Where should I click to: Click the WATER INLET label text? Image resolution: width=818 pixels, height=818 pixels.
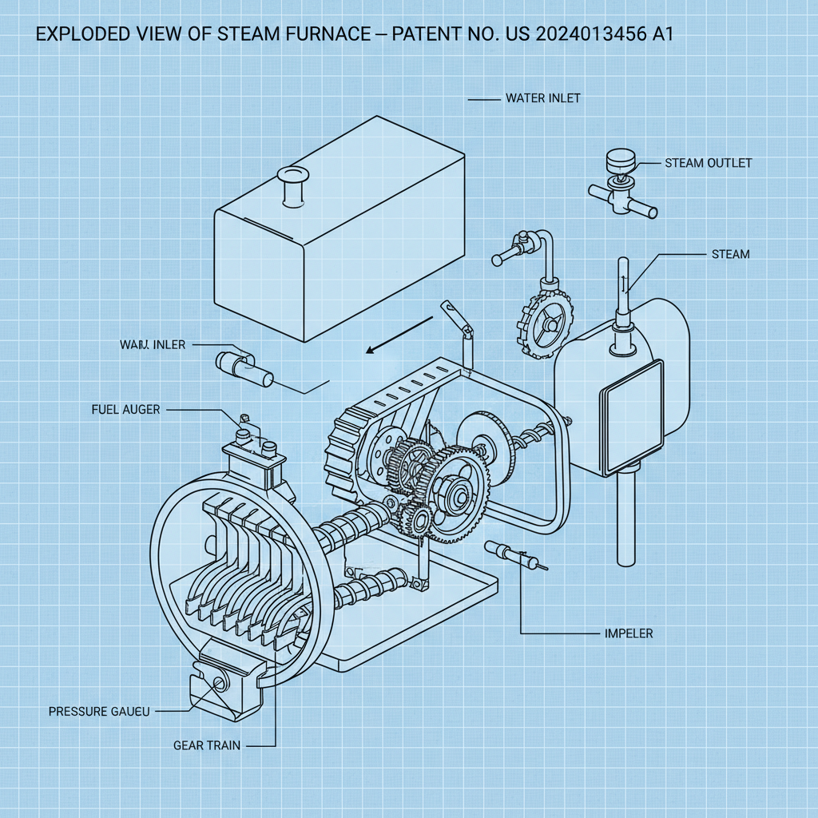(542, 98)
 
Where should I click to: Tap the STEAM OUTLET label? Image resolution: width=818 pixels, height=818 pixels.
(708, 163)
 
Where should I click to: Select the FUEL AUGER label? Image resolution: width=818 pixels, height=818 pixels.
(125, 410)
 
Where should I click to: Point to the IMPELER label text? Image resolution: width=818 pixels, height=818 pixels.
(629, 633)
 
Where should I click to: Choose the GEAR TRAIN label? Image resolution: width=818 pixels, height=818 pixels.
(206, 745)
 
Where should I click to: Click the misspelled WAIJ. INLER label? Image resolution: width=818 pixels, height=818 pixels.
(152, 345)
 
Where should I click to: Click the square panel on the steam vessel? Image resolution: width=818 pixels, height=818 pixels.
(631, 416)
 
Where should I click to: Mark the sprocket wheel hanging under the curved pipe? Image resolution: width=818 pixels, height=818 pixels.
(548, 322)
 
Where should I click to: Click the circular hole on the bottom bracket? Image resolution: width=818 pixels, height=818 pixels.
(217, 682)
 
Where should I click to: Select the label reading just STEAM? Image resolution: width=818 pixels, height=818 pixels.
(730, 254)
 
